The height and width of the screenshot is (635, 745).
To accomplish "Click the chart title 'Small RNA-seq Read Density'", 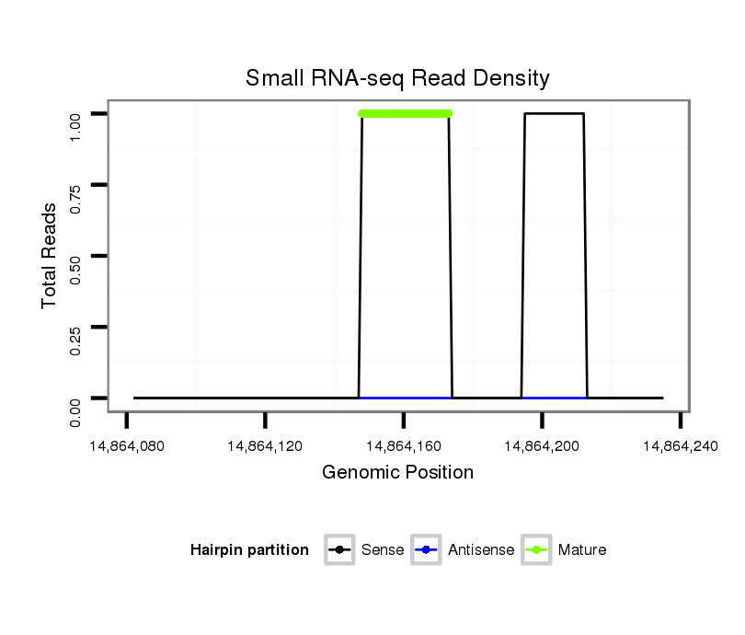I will (397, 78).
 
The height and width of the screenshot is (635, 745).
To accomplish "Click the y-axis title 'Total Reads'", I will (50, 256).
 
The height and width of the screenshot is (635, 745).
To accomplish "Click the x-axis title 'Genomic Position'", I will (397, 473).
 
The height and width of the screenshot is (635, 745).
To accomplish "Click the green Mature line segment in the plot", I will (405, 113).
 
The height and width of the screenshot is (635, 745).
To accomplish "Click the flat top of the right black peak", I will (554, 113).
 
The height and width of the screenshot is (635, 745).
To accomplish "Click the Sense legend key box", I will (339, 550).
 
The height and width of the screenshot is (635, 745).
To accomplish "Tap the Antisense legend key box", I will (427, 550).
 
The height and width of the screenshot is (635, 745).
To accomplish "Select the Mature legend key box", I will (536, 550).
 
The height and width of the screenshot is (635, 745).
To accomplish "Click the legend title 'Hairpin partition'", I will (249, 550).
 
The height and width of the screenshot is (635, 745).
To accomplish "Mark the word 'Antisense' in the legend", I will (481, 550).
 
